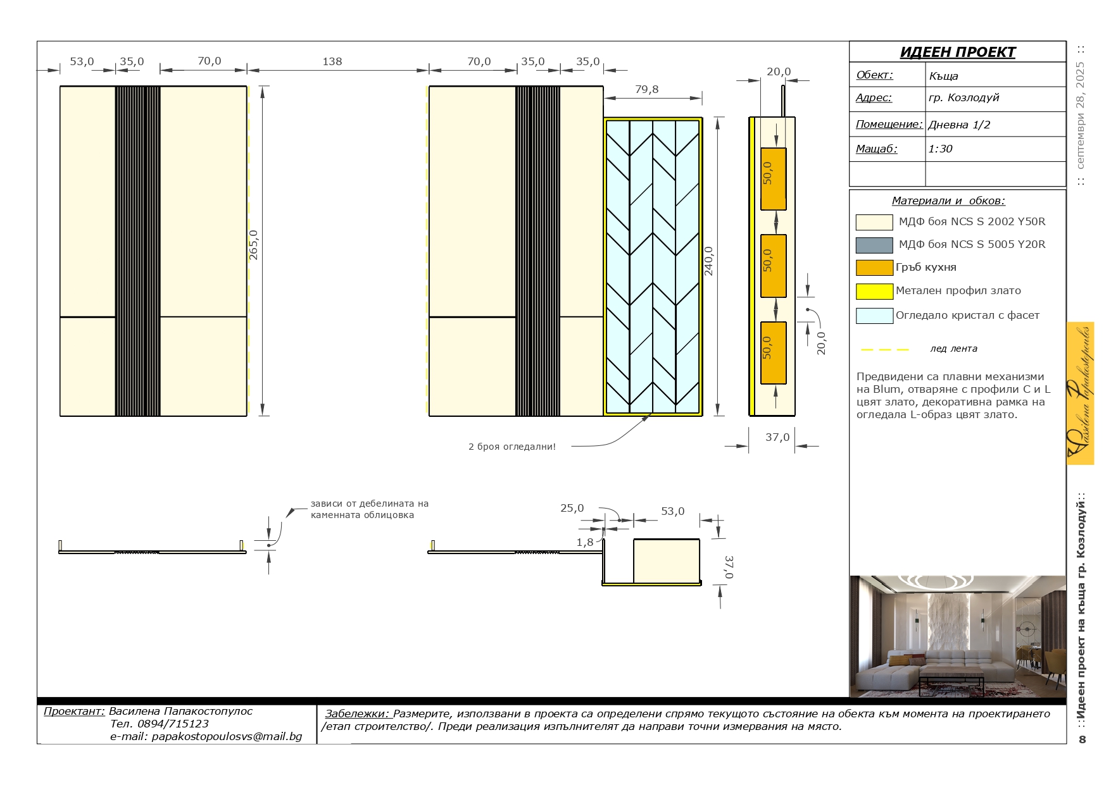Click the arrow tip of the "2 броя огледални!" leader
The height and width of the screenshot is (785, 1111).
(651, 414)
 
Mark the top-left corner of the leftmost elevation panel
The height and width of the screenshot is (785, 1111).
(60, 86)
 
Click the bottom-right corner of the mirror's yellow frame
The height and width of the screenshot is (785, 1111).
(702, 415)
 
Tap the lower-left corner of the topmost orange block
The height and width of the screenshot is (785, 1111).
(760, 209)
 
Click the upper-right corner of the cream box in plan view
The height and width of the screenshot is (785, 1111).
(700, 540)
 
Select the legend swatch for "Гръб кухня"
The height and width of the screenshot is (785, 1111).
(874, 268)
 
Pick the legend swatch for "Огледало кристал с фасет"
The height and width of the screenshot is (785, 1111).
(874, 316)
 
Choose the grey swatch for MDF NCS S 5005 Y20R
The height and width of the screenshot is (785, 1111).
(874, 245)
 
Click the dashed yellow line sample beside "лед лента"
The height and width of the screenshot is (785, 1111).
(885, 349)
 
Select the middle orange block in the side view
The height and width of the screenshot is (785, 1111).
(773, 266)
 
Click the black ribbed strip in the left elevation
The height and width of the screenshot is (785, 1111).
(137, 251)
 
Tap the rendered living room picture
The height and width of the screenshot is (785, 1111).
(957, 636)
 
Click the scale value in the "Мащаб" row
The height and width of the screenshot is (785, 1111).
(940, 149)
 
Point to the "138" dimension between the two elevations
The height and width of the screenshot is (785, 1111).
(332, 61)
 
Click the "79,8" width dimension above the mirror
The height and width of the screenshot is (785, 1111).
(646, 89)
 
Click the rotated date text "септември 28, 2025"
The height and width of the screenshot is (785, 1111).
(1080, 115)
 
